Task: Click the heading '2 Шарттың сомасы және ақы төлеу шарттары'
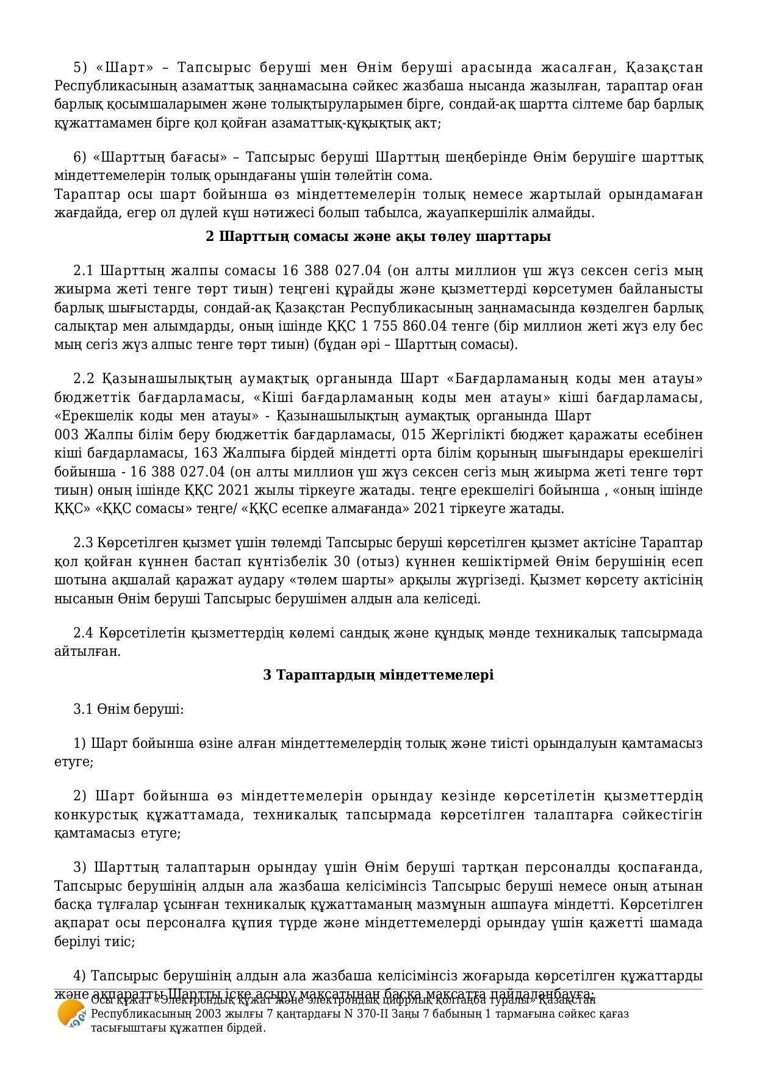[x=378, y=236]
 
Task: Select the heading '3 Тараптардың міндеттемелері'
[x=378, y=675]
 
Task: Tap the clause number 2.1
[x=84, y=270]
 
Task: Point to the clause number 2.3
[x=84, y=542]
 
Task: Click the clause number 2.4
[x=84, y=633]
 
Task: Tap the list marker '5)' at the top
[x=81, y=67]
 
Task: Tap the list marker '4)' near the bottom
[x=81, y=975]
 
